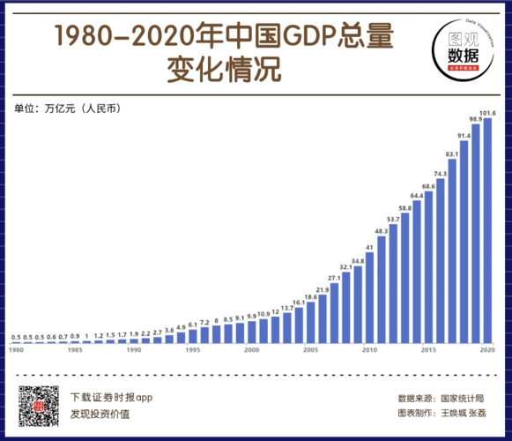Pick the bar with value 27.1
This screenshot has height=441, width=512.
coord(334,312)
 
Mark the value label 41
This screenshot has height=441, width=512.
coord(370,247)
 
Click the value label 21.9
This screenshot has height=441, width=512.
coord(323,289)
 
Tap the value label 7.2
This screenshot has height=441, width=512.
coord(204,322)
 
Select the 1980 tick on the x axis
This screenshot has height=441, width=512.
coord(16,350)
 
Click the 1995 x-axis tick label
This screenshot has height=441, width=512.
coord(192,350)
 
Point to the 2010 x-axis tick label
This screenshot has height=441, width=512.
coord(369,350)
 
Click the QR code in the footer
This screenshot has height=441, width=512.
coord(38,405)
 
